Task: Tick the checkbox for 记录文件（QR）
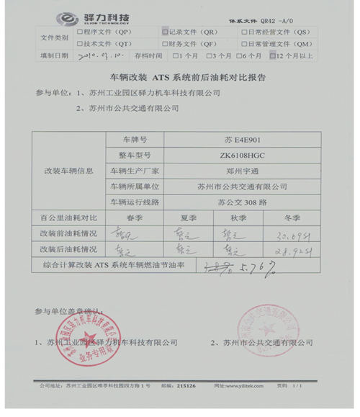pos(165,32)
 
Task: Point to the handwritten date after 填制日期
pos(95,55)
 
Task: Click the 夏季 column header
pos(189,217)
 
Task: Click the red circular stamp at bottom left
pos(89,334)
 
